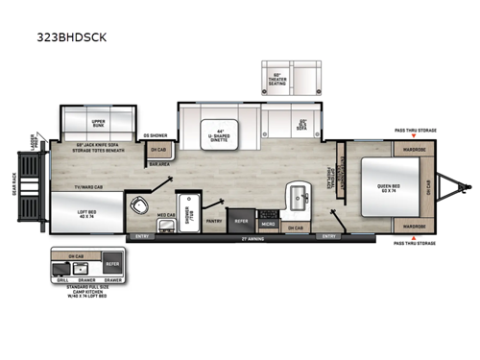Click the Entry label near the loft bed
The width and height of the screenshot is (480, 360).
[143, 234]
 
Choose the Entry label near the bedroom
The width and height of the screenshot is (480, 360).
[329, 234]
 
